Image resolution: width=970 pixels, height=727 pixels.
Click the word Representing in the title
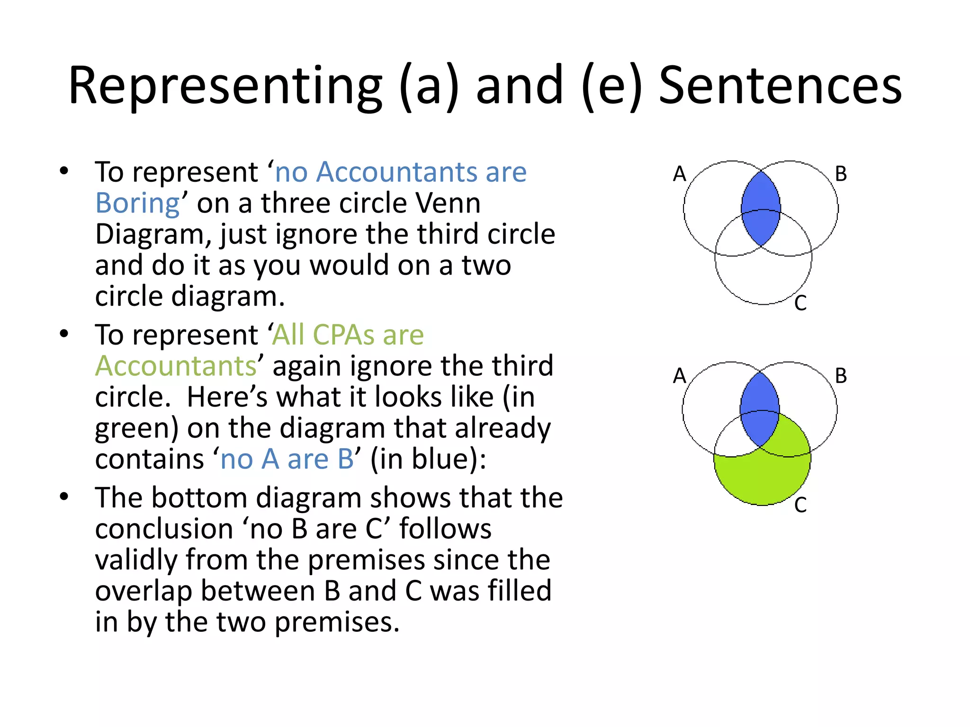(x=225, y=86)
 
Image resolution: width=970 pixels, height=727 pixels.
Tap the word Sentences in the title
(x=780, y=86)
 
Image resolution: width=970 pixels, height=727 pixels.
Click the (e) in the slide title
(x=611, y=86)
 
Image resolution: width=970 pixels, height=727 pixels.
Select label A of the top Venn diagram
(x=679, y=174)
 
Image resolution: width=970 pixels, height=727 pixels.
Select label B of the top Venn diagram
(x=841, y=174)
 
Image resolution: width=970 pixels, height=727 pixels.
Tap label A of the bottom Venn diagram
(x=679, y=376)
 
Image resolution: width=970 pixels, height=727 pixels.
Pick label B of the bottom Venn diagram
(x=841, y=376)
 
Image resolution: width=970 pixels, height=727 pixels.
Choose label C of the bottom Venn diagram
(x=800, y=505)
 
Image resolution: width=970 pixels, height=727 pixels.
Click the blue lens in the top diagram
(x=761, y=208)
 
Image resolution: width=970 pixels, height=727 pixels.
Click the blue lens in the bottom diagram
(x=760, y=409)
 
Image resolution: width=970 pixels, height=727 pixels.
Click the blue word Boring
(x=137, y=204)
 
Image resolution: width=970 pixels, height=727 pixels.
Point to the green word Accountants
(x=176, y=366)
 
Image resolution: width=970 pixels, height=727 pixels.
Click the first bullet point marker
(x=64, y=171)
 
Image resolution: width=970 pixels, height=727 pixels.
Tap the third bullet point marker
(x=64, y=497)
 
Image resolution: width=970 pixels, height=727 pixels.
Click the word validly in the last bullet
(x=136, y=560)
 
